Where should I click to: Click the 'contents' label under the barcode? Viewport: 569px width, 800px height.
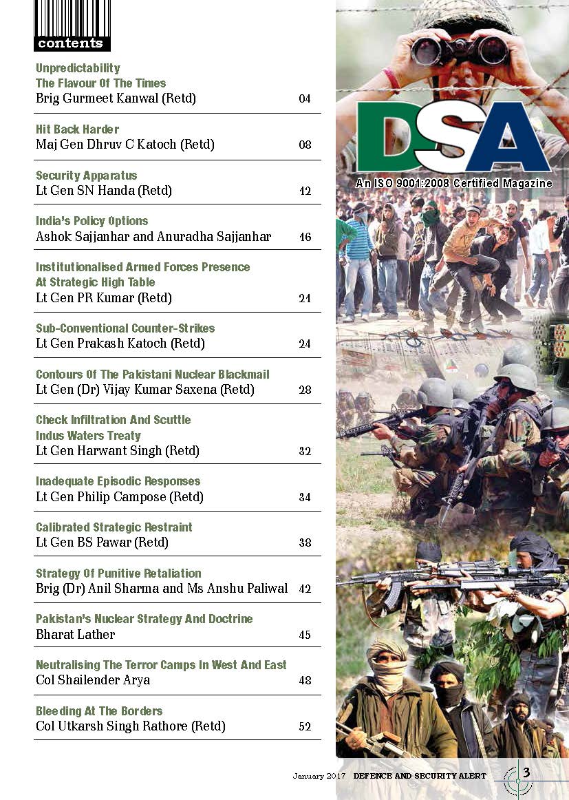(x=70, y=43)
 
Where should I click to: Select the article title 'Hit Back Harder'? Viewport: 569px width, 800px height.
(x=77, y=129)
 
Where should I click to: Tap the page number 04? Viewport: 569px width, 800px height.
(x=305, y=98)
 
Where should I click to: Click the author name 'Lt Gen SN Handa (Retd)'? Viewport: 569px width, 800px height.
(x=104, y=191)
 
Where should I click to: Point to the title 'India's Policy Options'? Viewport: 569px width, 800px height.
(x=92, y=221)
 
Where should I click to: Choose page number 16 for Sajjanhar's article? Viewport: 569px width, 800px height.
(x=305, y=237)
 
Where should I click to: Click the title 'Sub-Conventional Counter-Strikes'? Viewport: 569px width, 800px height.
(x=125, y=328)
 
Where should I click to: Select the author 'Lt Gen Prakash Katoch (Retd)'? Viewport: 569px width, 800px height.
(x=120, y=344)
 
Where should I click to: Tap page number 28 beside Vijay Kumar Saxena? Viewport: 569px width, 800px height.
(x=305, y=390)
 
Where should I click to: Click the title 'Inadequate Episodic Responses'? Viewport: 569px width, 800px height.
(x=118, y=481)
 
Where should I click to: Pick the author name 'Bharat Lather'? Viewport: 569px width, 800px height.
(x=75, y=634)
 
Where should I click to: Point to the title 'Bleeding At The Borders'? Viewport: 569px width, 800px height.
(x=99, y=710)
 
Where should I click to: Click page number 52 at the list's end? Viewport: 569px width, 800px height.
(x=305, y=726)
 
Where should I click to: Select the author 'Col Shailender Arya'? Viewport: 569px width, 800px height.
(x=93, y=680)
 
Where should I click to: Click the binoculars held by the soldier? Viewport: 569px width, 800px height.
(x=460, y=50)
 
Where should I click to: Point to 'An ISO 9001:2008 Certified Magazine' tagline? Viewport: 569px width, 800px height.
(x=453, y=184)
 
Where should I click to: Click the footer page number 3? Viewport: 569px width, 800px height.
(x=526, y=772)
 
